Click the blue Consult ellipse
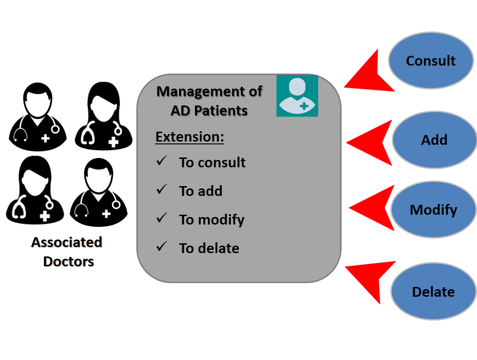pyautogui.click(x=431, y=60)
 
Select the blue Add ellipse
pyautogui.click(x=434, y=140)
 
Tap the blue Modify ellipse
pyautogui.click(x=433, y=210)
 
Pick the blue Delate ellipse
pyautogui.click(x=433, y=292)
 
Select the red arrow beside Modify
pyautogui.click(x=373, y=208)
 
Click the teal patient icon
pyautogui.click(x=297, y=96)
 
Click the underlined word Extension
pyautogui.click(x=190, y=137)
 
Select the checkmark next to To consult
pyautogui.click(x=162, y=161)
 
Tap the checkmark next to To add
pyautogui.click(x=162, y=190)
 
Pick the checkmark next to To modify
pyautogui.click(x=162, y=218)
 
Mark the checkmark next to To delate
pyautogui.click(x=162, y=247)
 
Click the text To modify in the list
pyautogui.click(x=212, y=219)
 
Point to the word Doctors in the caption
pyautogui.click(x=68, y=262)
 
